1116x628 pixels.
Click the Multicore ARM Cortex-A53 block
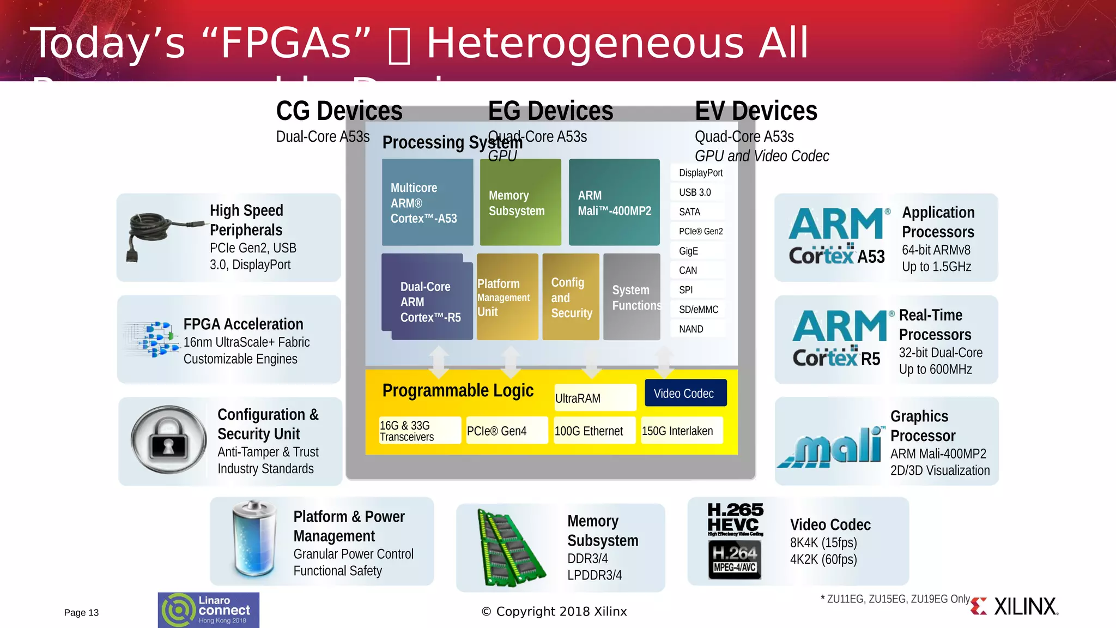(427, 202)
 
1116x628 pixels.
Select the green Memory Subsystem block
(520, 202)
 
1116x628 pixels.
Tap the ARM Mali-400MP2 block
(614, 202)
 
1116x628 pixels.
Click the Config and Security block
(571, 297)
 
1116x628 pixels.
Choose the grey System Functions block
(632, 297)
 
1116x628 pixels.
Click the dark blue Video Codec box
(685, 393)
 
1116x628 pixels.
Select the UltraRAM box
(595, 398)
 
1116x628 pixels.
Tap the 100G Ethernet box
(594, 431)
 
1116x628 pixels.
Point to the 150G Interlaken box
(681, 431)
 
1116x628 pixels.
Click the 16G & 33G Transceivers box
(420, 431)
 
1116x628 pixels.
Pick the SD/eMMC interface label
(698, 310)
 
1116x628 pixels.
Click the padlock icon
(168, 440)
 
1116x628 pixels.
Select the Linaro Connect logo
(208, 610)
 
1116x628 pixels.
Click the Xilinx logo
(1014, 607)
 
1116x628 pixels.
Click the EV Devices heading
(756, 111)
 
